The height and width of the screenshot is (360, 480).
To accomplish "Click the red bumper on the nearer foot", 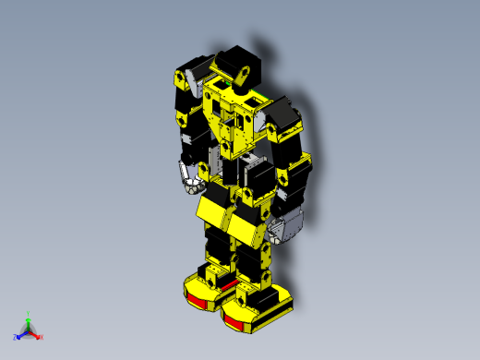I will [x=236, y=320].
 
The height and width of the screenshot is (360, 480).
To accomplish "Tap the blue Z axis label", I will [x=16, y=337].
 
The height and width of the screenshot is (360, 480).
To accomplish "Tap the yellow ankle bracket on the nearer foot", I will [x=250, y=296].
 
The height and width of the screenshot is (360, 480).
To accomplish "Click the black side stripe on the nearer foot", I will [x=277, y=309].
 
